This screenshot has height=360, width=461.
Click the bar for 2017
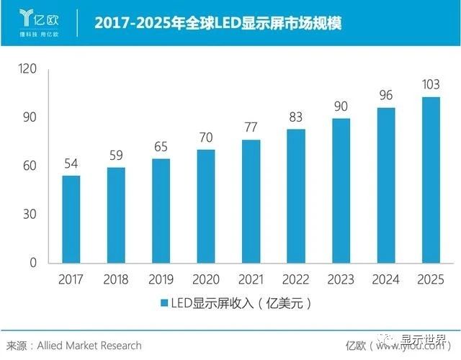[71, 219]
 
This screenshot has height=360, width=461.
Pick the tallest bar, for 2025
[431, 180]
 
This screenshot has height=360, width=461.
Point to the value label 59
[116, 154]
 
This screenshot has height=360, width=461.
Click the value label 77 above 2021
[251, 126]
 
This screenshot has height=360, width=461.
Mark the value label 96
[386, 94]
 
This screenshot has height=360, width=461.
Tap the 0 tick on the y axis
[33, 263]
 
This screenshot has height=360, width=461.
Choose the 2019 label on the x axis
[161, 279]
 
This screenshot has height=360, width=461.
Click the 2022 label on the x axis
[295, 279]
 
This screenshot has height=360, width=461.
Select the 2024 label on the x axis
[386, 279]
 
